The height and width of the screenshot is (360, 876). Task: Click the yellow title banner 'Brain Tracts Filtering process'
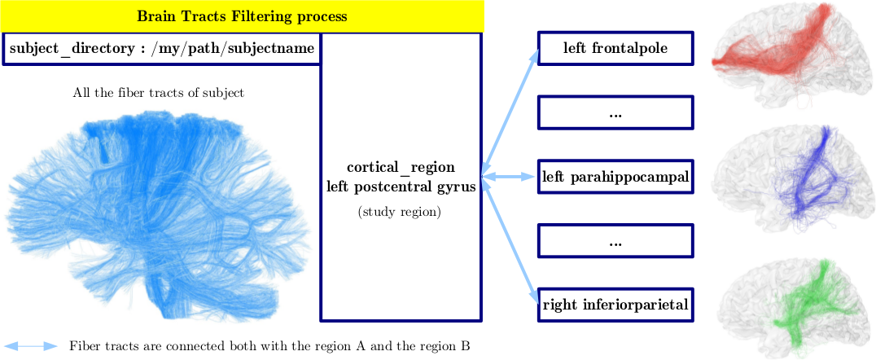(242, 15)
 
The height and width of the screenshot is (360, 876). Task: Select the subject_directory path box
(161, 49)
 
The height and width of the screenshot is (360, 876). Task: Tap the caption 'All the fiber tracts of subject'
(158, 93)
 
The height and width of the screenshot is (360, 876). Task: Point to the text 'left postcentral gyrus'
(401, 187)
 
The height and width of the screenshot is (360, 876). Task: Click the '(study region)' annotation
(400, 213)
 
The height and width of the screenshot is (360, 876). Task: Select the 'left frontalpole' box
(615, 48)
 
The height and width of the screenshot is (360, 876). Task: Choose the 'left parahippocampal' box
(615, 178)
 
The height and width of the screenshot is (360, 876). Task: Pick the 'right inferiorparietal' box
(615, 305)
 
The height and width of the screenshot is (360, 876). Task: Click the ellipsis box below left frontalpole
(615, 113)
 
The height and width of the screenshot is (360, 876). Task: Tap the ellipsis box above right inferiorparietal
(615, 241)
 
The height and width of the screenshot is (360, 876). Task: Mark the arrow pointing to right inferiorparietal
(510, 240)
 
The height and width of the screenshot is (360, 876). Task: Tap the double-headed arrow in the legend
(29, 346)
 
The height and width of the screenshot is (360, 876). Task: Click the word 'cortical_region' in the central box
(401, 168)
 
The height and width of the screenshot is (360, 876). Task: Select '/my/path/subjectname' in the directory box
(232, 49)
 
